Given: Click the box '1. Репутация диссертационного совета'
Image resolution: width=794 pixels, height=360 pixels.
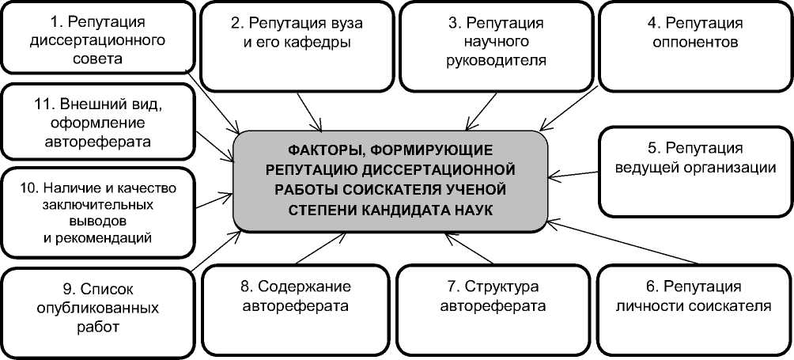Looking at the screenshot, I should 97,37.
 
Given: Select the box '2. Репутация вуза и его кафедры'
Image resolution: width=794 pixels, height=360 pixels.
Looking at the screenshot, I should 297,44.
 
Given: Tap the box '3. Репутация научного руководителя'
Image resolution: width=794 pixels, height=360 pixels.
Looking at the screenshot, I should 496,44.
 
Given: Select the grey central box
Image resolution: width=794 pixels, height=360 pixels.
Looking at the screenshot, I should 391,178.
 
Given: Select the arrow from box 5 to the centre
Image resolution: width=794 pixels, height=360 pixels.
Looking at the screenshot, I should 575,171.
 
